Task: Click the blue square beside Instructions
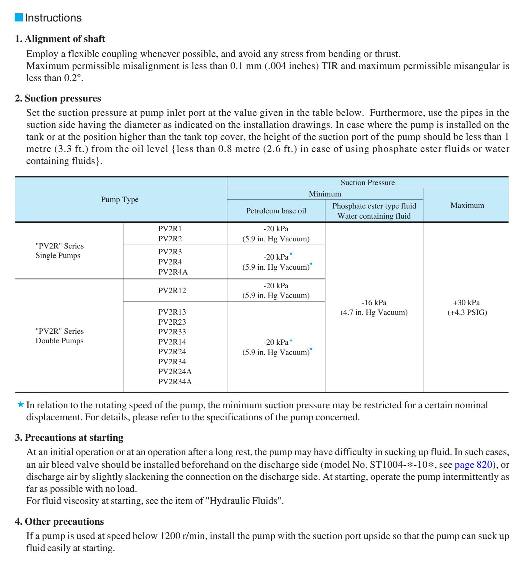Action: coord(19,18)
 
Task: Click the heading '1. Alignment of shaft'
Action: coord(60,39)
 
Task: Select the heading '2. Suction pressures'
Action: coord(58,98)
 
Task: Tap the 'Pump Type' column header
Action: coord(120,199)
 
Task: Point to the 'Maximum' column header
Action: coord(467,205)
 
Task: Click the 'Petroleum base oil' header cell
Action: coord(276,211)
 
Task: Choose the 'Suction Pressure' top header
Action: coord(367,182)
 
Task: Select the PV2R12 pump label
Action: coord(172,290)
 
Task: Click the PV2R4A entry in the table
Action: coord(173,272)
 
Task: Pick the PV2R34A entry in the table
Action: coord(175,382)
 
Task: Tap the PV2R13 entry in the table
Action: coord(172,312)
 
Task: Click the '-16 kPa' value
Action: coord(374,303)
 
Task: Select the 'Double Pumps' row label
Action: coord(60,341)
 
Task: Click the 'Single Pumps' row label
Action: coord(58,255)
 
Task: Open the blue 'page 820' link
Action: coord(473,465)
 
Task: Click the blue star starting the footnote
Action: coord(21,405)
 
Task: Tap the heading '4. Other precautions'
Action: coord(59,521)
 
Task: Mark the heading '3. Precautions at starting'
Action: coord(69,438)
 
